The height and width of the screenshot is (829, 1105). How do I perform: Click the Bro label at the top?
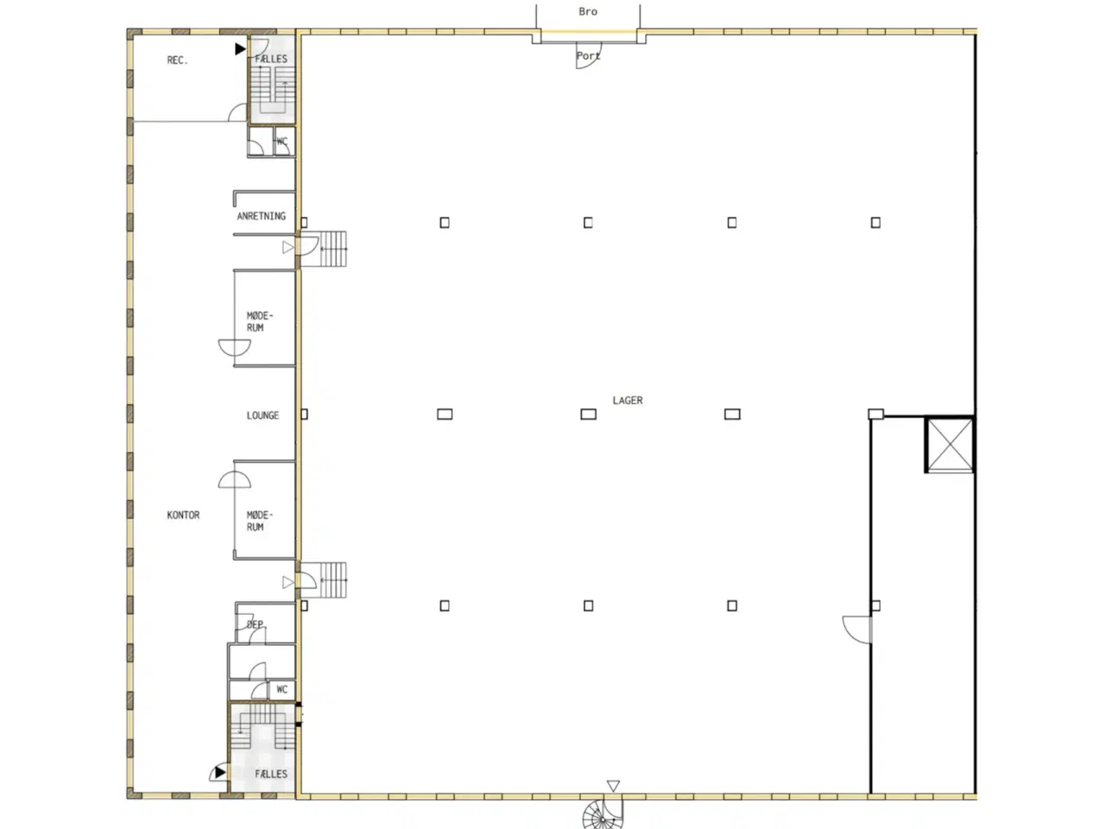click(588, 12)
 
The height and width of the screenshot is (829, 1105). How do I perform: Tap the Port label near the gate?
click(588, 56)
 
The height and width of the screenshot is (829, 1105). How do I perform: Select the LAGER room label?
click(628, 401)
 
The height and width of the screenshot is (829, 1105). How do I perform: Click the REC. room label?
click(177, 60)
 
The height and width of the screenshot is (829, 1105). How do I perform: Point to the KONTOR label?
click(183, 516)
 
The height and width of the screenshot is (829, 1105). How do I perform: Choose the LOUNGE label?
click(262, 415)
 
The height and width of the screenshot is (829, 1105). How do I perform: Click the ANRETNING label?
click(261, 216)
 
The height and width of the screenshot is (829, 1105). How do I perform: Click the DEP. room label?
click(255, 624)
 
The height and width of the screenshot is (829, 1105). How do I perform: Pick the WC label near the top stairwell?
click(282, 142)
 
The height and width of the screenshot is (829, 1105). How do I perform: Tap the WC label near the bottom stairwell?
click(281, 690)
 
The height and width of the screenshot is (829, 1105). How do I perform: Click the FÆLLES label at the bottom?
click(271, 774)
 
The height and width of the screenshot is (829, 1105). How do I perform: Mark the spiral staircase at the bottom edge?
click(603, 814)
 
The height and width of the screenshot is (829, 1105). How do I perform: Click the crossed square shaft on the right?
click(950, 445)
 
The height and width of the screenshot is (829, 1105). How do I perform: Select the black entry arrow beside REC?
click(240, 49)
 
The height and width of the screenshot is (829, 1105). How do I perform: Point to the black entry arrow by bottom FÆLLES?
click(220, 772)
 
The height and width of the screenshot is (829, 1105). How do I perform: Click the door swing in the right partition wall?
click(856, 630)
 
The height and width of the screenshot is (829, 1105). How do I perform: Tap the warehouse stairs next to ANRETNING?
click(333, 249)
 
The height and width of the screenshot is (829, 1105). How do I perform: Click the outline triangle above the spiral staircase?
click(613, 786)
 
